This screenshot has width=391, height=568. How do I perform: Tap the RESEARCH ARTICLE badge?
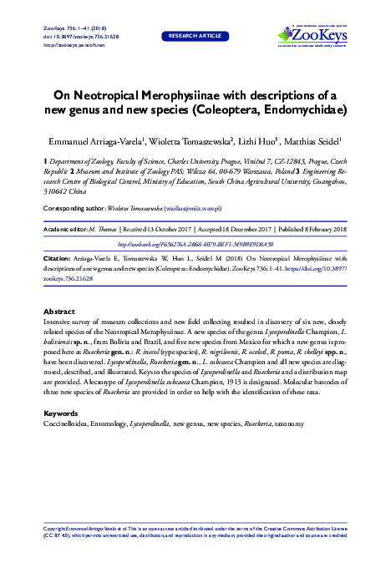[x=195, y=37]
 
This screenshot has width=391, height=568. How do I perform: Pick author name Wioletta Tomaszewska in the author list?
[x=193, y=141]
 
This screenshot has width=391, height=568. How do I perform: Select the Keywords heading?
[x=60, y=413]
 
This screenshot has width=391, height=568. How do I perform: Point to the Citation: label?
[x=56, y=259]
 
